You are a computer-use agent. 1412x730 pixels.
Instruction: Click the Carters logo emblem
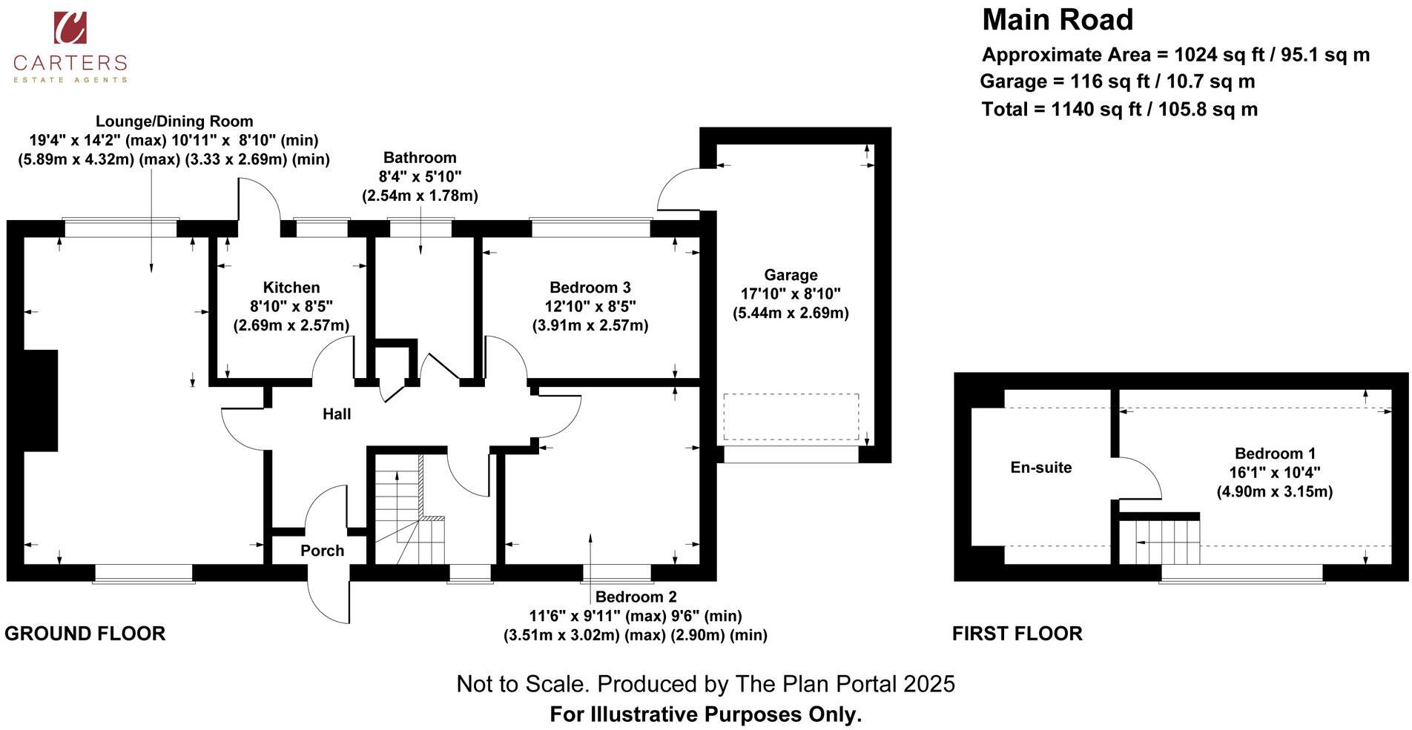tap(70, 27)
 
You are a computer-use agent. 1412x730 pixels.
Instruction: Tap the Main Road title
tap(1057, 20)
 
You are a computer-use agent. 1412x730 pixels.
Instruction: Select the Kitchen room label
tap(291, 288)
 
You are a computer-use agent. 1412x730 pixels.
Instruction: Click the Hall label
tap(336, 414)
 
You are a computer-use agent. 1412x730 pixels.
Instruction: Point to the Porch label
tap(322, 551)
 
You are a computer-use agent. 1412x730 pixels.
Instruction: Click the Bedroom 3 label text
tap(590, 288)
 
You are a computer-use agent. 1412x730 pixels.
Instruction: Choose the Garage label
tap(791, 275)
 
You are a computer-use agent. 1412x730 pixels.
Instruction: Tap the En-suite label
tap(1040, 468)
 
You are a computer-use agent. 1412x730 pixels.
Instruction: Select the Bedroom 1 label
tap(1274, 454)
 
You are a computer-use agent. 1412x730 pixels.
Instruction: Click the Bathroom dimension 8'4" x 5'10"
tap(419, 176)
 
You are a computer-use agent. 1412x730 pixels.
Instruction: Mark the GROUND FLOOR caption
tap(85, 634)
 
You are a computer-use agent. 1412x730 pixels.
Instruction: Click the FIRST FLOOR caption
tap(1017, 634)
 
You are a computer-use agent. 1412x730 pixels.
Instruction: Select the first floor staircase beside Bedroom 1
tap(1163, 542)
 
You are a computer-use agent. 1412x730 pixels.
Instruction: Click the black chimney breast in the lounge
tap(41, 400)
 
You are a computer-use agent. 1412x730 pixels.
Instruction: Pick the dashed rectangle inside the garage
tap(791, 417)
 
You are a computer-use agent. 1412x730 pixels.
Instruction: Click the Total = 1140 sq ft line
tap(1118, 110)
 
